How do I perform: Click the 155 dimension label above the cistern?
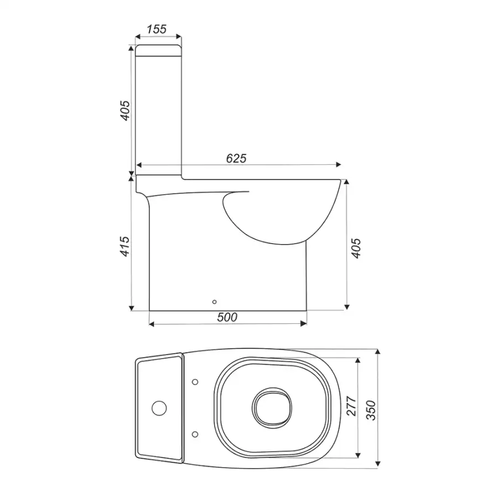(157, 29)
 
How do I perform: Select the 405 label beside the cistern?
(125, 111)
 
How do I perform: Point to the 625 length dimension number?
(236, 158)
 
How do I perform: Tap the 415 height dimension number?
(125, 246)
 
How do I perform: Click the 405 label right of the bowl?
(356, 248)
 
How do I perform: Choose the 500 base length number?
(227, 317)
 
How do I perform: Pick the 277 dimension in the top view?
(351, 406)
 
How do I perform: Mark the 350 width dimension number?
(371, 411)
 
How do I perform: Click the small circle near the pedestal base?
(214, 302)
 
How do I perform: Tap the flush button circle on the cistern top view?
(159, 408)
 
